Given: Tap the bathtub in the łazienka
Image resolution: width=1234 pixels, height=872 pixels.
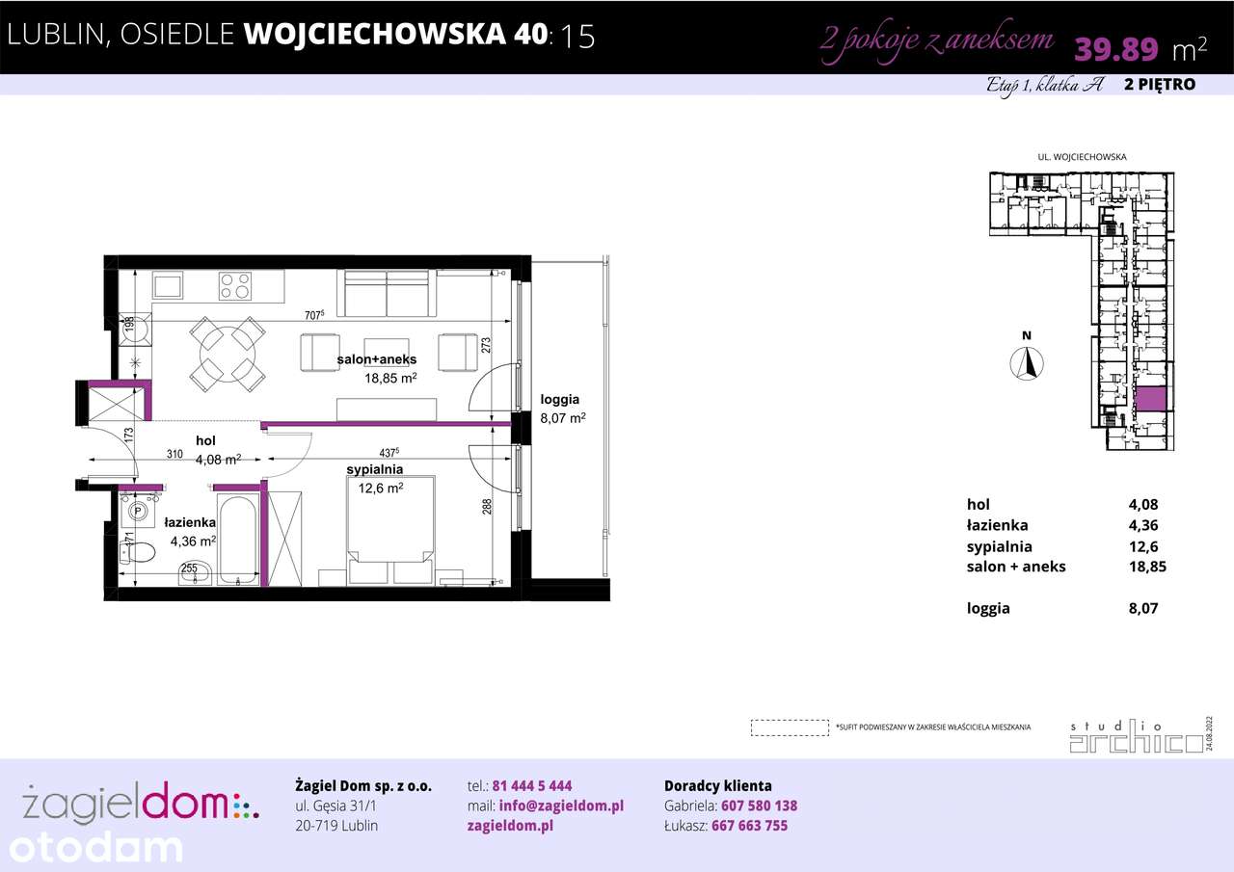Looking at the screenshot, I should pos(237,539).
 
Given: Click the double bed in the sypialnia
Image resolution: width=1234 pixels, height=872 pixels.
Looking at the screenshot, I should pos(390,525).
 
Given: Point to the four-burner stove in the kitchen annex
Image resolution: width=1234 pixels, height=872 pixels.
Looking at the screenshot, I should pos(235,286).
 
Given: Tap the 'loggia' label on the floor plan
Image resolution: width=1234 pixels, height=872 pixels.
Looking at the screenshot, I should pos(560,399).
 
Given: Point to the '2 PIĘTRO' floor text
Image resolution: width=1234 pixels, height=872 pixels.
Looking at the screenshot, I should pos(1160,85).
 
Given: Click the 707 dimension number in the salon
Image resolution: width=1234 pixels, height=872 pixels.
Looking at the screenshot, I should pos(313,313).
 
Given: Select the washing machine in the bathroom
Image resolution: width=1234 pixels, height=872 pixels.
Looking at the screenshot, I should pos(138,511).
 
